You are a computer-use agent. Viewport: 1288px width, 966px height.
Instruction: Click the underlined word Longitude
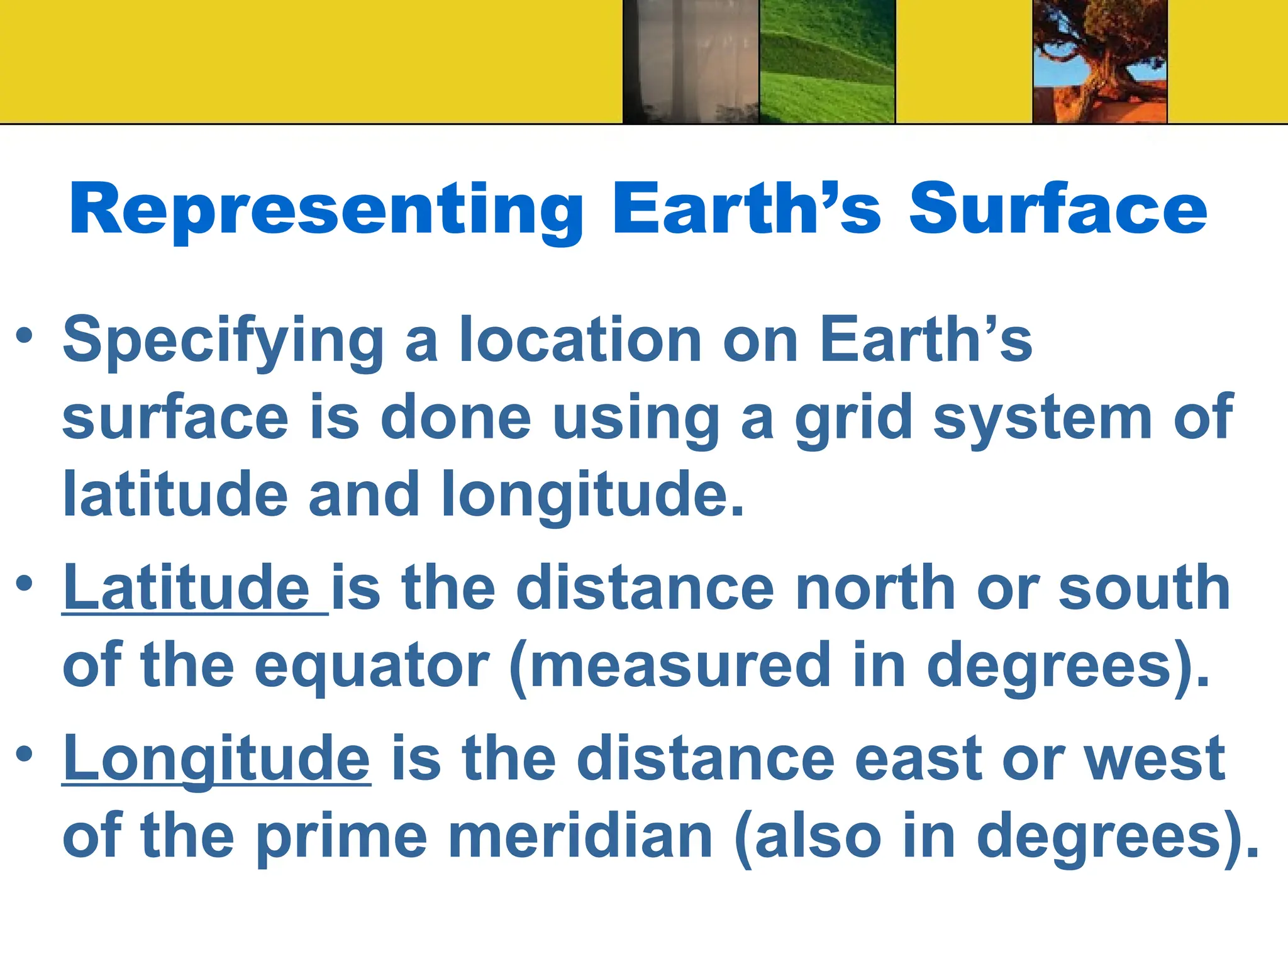click(x=217, y=760)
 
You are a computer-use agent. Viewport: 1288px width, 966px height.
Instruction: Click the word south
click(x=1144, y=588)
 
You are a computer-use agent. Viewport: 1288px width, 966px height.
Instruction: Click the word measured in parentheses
click(x=679, y=665)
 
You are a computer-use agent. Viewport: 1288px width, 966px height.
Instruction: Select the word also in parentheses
click(x=818, y=836)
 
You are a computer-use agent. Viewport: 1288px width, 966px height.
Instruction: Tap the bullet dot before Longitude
click(x=25, y=753)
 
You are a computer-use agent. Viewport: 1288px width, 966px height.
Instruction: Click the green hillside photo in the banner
click(x=827, y=61)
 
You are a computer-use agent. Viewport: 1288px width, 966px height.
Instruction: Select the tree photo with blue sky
click(x=1100, y=61)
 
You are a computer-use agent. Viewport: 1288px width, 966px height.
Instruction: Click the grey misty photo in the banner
click(x=691, y=61)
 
